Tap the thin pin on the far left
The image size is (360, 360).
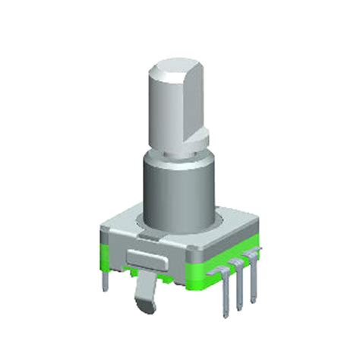click(x=103, y=277)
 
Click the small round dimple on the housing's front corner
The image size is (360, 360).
click(x=187, y=262)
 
